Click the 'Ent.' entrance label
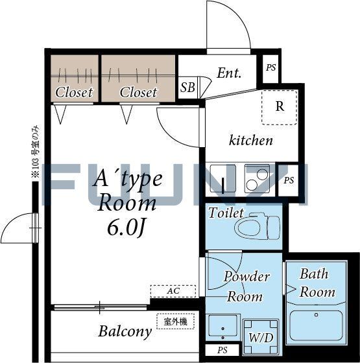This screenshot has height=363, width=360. (229, 73)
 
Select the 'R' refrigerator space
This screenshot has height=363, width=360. (280, 106)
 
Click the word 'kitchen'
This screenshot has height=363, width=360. (251, 140)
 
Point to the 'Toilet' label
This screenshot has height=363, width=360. (226, 213)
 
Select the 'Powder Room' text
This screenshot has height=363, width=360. (246, 287)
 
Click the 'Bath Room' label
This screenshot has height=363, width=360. (317, 283)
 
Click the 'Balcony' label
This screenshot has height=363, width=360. (125, 332)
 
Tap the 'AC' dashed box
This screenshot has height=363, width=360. (173, 291)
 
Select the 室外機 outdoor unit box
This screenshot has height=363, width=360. (175, 320)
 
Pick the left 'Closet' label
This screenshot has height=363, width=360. (74, 92)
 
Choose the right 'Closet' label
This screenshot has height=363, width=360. (138, 92)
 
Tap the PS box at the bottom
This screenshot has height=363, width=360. (222, 351)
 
